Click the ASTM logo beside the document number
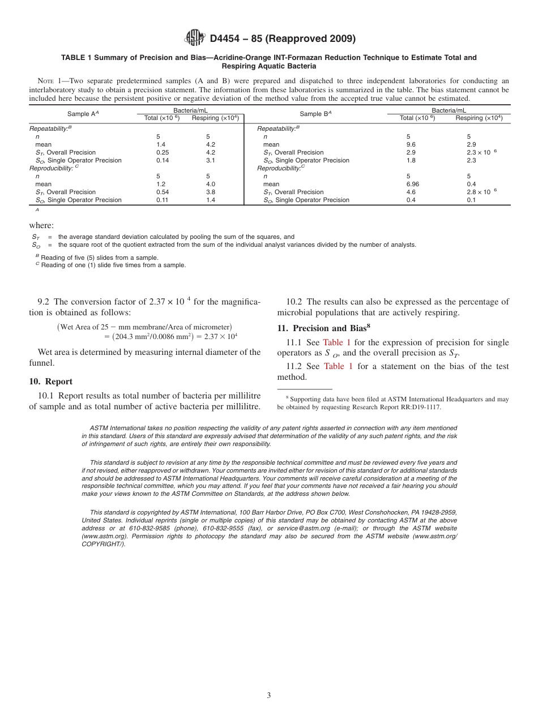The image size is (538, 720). point(195,38)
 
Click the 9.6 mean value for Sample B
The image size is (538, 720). point(411,144)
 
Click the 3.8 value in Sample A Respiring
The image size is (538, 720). point(211,192)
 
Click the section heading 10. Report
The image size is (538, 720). point(50,382)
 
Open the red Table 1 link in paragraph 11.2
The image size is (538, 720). point(338,366)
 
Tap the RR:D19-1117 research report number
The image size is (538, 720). point(418,407)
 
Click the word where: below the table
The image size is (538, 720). point(41,225)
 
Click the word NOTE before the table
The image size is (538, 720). point(47,81)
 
